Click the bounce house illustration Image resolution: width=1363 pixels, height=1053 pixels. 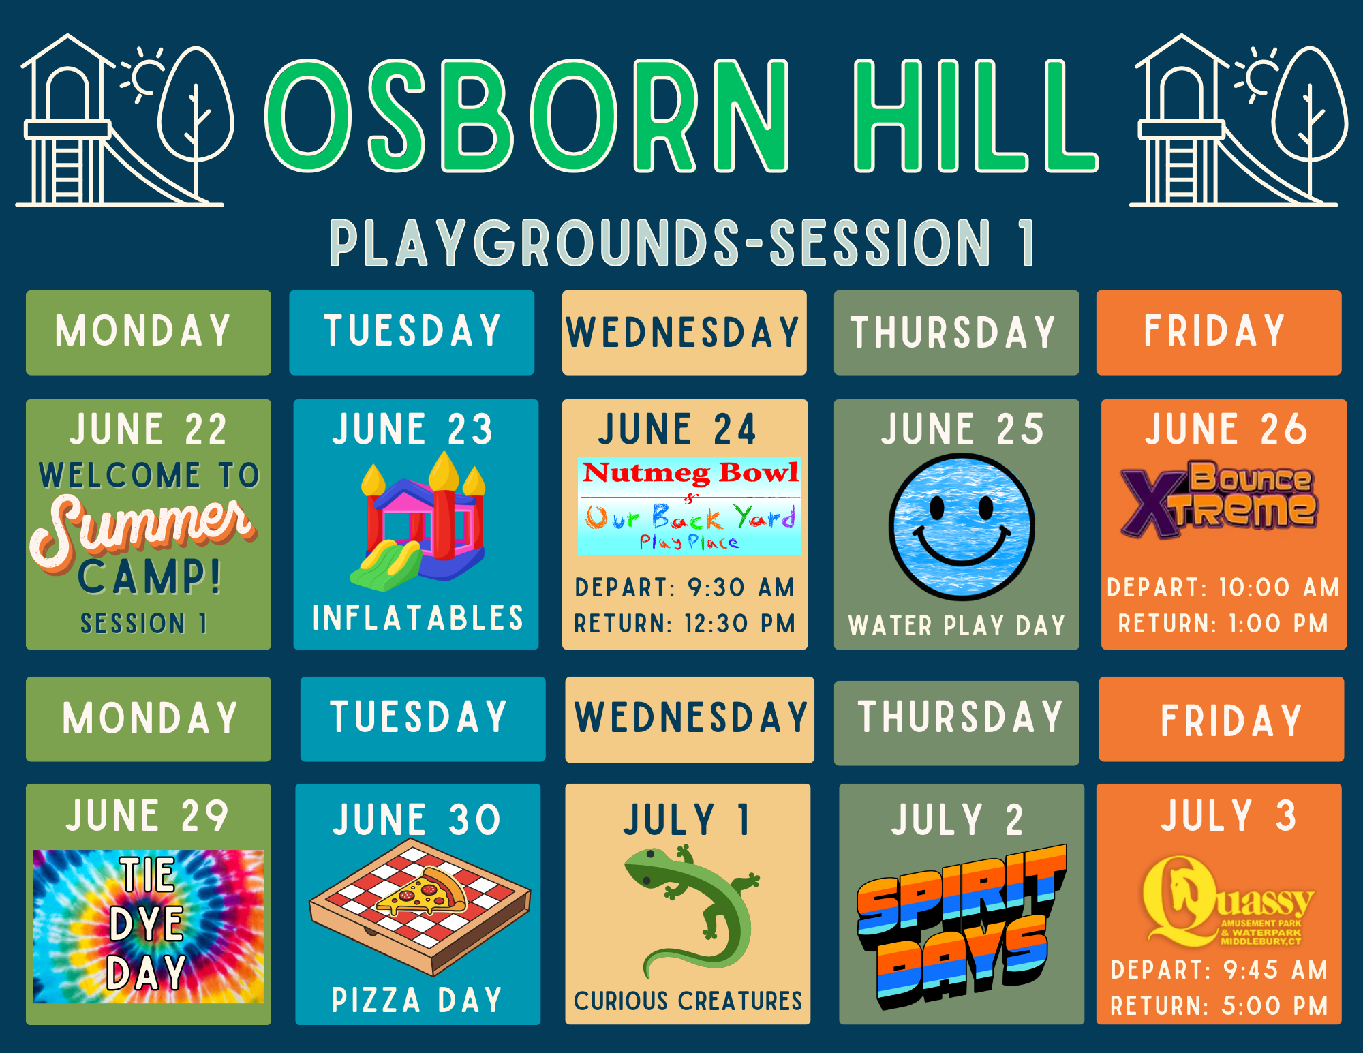click(418, 522)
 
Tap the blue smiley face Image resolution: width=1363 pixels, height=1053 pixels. click(962, 527)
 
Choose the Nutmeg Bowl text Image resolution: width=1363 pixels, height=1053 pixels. click(690, 472)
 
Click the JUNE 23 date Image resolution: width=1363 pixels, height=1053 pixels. click(413, 429)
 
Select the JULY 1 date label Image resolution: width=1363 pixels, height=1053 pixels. click(687, 819)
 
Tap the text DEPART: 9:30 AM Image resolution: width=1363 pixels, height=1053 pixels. click(685, 587)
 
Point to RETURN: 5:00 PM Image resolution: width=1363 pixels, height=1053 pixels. click(1219, 1006)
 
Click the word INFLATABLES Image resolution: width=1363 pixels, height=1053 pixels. click(418, 618)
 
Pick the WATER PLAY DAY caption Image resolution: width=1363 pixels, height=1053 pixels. click(957, 626)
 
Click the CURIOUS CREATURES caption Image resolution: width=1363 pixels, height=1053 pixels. click(688, 1001)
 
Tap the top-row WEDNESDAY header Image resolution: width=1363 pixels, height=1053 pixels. click(683, 333)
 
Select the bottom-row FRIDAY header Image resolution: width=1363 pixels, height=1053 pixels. click(1231, 721)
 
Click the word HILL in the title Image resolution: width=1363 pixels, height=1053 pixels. click(975, 115)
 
